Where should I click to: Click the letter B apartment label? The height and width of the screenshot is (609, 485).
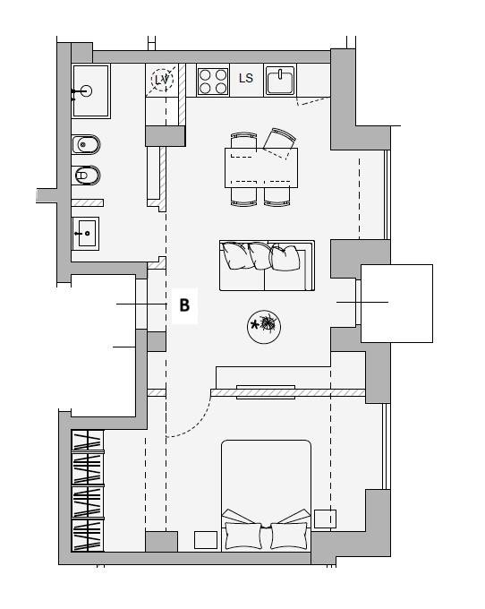point(184,305)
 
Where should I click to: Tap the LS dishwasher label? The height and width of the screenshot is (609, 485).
point(246,79)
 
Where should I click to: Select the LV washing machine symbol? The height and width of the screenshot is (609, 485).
point(162,80)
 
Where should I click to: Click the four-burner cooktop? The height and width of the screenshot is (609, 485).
point(213,81)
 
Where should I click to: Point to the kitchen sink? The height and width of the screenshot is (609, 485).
point(280,81)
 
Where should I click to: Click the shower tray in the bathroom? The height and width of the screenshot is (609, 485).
point(90,90)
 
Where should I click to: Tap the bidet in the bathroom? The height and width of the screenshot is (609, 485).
point(86,145)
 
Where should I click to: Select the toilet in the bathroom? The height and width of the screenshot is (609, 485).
point(86,176)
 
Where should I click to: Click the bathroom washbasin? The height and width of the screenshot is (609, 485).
point(85,234)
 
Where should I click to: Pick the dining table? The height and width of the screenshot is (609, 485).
point(261,167)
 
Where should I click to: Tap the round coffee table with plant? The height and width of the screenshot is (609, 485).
point(264,327)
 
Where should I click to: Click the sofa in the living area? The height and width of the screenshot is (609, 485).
point(267,266)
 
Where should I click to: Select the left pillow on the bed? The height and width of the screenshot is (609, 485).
point(243,536)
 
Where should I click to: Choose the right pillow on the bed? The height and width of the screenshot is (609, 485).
point(289,536)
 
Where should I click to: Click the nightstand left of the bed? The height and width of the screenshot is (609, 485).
point(206,540)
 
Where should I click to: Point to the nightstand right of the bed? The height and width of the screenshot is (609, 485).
point(325,519)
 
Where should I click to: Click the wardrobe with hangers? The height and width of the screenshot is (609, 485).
point(88,491)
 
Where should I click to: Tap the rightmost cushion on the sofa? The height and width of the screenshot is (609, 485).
point(285,258)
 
